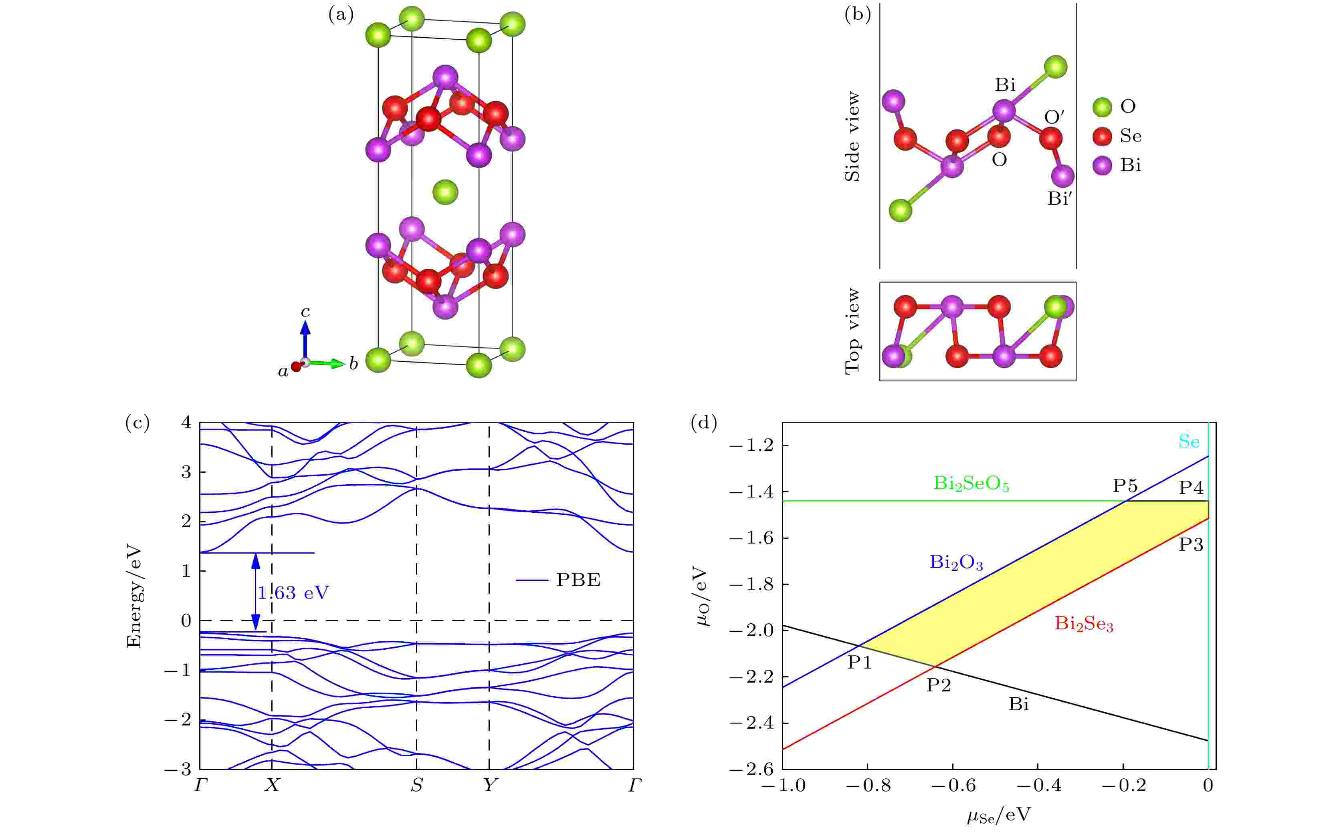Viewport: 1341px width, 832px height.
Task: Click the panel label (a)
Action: tap(341, 15)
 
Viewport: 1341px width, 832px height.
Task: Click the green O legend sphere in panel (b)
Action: tap(1102, 107)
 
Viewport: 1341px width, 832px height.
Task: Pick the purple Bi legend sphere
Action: tap(1102, 165)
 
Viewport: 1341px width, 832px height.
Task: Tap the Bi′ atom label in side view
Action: tap(1060, 199)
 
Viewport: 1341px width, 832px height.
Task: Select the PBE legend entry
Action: tap(578, 580)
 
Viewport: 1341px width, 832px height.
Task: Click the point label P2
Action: tap(938, 685)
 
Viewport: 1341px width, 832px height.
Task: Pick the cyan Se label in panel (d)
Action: tap(1189, 441)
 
